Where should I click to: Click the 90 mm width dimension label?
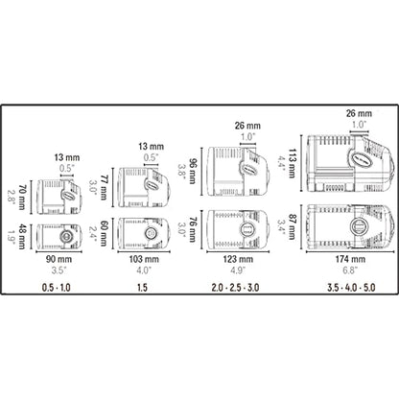pyautogui.click(x=59, y=259)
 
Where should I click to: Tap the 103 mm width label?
pyautogui.click(x=144, y=259)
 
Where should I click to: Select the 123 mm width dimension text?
pyautogui.click(x=238, y=259)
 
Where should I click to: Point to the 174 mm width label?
pyautogui.click(x=350, y=259)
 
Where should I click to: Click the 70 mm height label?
pyautogui.click(x=22, y=198)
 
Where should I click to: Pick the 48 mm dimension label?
pyautogui.click(x=22, y=237)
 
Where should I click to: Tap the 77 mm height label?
pyautogui.click(x=104, y=187)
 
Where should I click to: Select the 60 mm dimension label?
pyautogui.click(x=104, y=234)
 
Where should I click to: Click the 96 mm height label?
pyautogui.click(x=192, y=171)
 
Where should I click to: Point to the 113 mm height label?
pyautogui.click(x=292, y=163)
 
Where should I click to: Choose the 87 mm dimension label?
pyautogui.click(x=292, y=226)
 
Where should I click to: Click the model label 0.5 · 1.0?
pyautogui.click(x=57, y=288)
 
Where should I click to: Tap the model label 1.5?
pyautogui.click(x=142, y=288)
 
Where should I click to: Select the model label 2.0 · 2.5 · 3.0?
pyautogui.click(x=235, y=288)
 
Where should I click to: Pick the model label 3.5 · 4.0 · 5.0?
pyautogui.click(x=351, y=288)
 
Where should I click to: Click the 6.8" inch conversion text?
pyautogui.click(x=349, y=270)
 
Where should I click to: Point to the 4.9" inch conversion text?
pyautogui.click(x=238, y=270)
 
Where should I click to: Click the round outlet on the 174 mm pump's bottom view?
pyautogui.click(x=358, y=227)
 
